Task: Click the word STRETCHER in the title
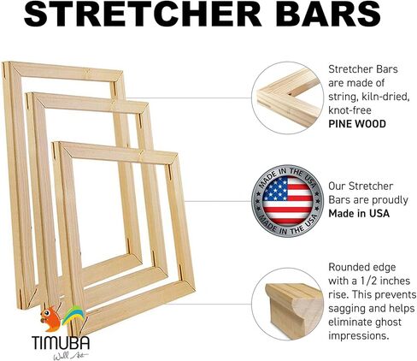coord(143,14)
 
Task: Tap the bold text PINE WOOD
coord(357,124)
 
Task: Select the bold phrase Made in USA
coord(359,213)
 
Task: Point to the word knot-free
coord(349,110)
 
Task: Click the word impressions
coord(359,336)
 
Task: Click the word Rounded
coord(349,267)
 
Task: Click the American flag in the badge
coord(287,201)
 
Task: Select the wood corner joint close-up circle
coord(287,98)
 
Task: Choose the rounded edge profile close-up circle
coord(287,304)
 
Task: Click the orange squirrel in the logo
coord(50,319)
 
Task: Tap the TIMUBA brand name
coord(61,343)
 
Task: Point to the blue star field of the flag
coord(275,188)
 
